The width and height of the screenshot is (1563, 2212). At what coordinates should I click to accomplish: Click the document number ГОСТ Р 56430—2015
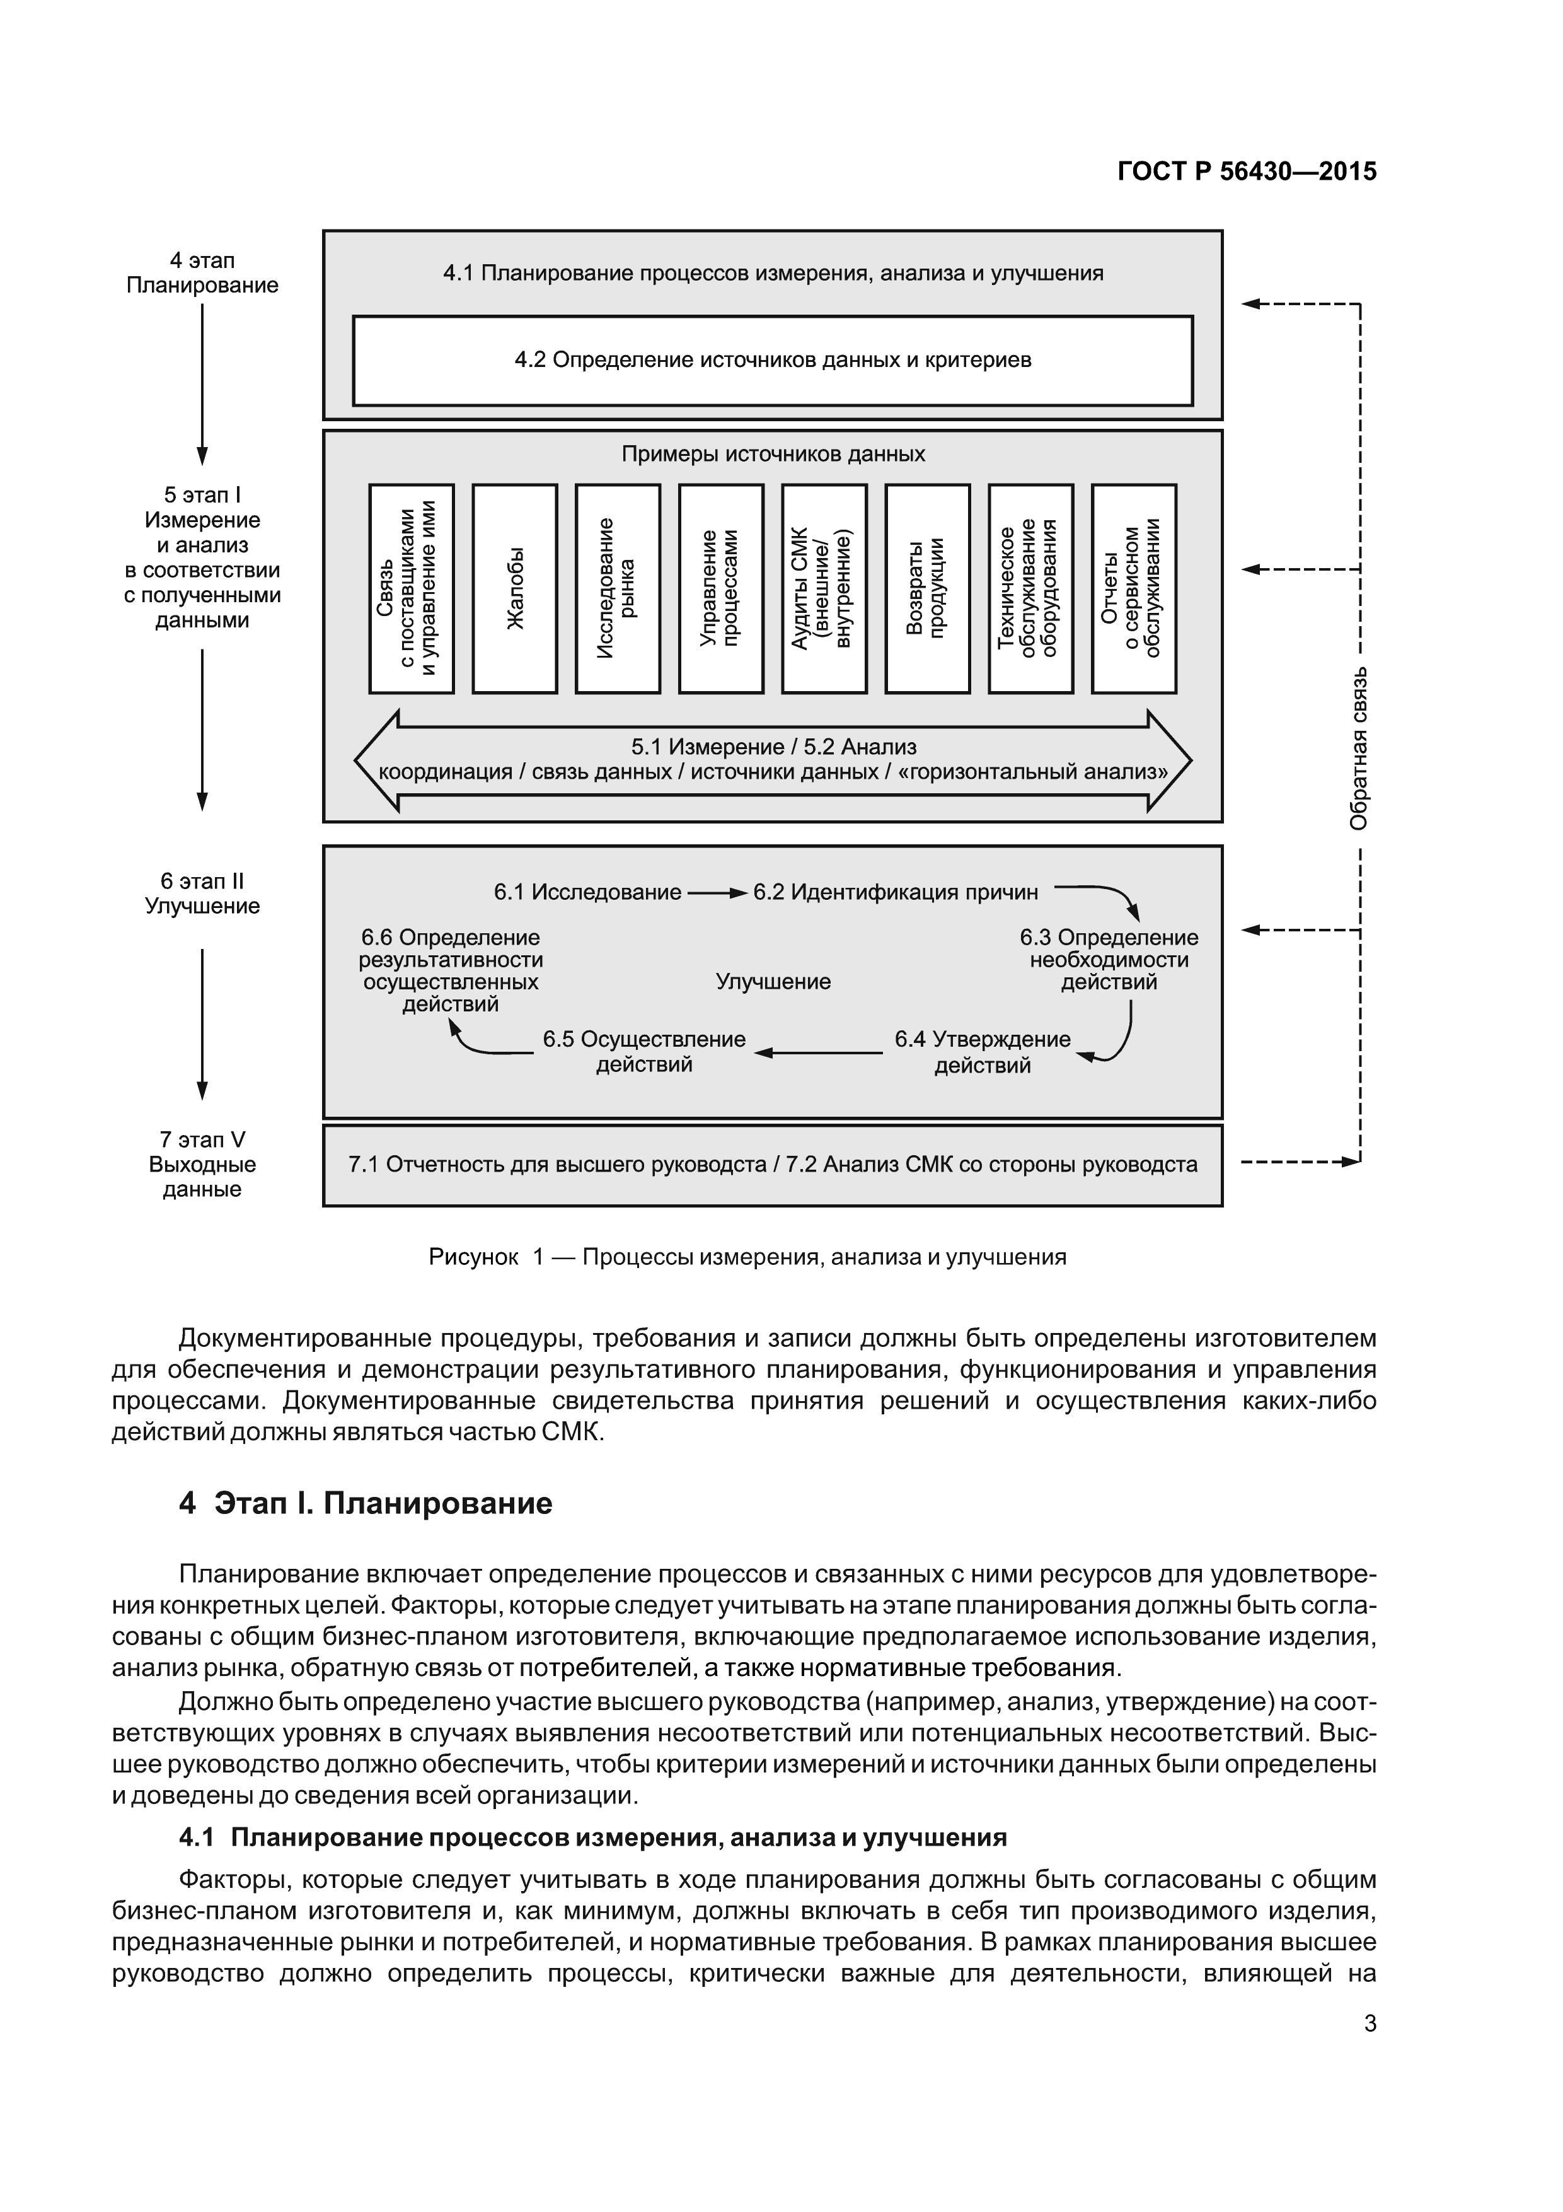(x=1246, y=172)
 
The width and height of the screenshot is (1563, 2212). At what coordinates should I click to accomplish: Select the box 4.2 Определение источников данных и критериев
(x=772, y=360)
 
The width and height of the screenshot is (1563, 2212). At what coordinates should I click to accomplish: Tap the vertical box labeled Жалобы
(x=515, y=589)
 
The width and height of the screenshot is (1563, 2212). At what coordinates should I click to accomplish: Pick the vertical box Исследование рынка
(x=617, y=589)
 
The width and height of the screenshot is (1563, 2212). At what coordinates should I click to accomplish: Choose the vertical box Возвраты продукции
(x=926, y=589)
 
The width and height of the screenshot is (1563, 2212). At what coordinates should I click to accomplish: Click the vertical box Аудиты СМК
(x=823, y=589)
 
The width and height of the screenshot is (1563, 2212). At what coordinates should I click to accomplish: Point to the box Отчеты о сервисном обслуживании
(x=1133, y=589)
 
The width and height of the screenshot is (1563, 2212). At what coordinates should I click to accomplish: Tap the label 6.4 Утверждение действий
(x=983, y=1052)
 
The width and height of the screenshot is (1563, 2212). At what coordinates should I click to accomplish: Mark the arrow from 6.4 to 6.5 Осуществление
(x=819, y=1053)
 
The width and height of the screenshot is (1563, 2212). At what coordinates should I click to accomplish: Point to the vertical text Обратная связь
(x=1358, y=748)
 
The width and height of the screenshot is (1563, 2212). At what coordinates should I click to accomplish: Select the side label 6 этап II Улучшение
(x=202, y=893)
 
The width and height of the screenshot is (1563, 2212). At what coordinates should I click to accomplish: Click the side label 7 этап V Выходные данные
(x=202, y=1164)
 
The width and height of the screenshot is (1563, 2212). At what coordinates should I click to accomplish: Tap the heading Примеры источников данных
(x=772, y=454)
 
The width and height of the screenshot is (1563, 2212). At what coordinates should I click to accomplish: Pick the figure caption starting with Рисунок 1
(x=747, y=1256)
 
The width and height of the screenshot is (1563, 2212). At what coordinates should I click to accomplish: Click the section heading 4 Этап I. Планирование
(x=366, y=1504)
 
